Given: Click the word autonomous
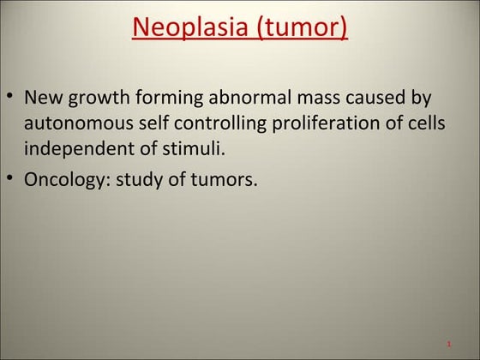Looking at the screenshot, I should [73, 123].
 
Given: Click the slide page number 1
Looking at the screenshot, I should [449, 345].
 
